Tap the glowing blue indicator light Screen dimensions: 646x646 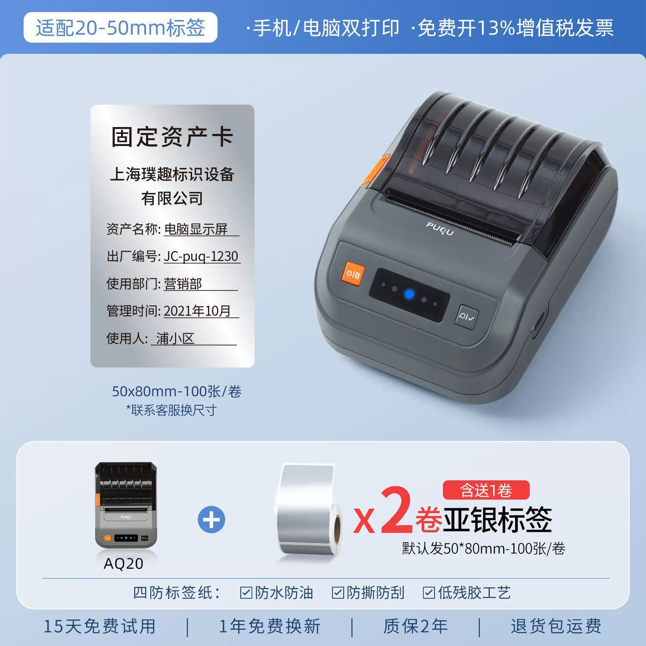click(x=409, y=295)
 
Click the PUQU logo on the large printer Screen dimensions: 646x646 click(x=440, y=228)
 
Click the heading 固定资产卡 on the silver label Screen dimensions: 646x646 click(x=172, y=137)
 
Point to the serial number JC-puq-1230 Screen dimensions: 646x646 click(x=201, y=256)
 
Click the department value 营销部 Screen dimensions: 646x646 click(x=183, y=283)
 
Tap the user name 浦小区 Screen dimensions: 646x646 click(x=175, y=338)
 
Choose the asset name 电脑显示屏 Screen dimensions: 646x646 click(x=196, y=229)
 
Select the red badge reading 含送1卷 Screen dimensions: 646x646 click(x=486, y=490)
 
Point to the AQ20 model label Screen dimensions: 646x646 click(x=124, y=563)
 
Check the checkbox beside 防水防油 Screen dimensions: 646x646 click(x=246, y=593)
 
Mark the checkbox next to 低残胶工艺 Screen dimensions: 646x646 click(x=429, y=593)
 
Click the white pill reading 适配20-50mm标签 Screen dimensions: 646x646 click(x=120, y=28)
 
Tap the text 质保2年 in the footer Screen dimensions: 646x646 click(x=416, y=626)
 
